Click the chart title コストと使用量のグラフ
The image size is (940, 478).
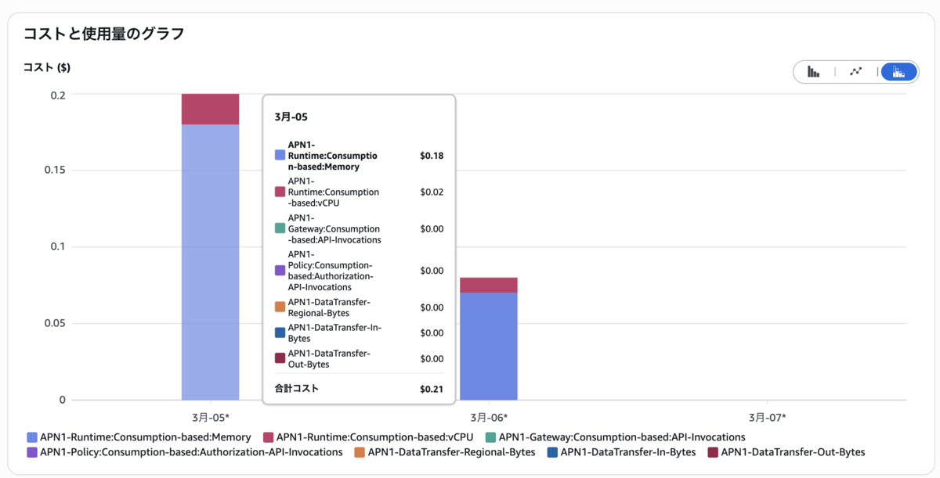(103, 34)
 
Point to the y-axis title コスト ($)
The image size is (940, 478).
(46, 67)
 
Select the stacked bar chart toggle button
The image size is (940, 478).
(898, 72)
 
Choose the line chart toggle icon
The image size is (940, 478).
(856, 72)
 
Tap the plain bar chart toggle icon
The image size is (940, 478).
(813, 72)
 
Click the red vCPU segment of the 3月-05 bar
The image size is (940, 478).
(210, 110)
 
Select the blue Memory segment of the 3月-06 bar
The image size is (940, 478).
(489, 347)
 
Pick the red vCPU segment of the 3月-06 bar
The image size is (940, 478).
(489, 286)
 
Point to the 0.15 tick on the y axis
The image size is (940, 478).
(55, 170)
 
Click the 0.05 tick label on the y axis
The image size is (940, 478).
(55, 323)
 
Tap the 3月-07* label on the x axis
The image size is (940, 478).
(767, 417)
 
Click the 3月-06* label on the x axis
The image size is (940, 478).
(489, 417)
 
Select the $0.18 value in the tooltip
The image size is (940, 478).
(432, 156)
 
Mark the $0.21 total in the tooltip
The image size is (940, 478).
(432, 389)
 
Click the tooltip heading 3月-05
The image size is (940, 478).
(291, 117)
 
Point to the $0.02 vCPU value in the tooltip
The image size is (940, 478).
(432, 192)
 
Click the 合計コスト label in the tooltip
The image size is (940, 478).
(297, 389)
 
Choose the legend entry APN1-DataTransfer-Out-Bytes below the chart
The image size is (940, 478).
(786, 452)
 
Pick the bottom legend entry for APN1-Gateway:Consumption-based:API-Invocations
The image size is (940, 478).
(615, 437)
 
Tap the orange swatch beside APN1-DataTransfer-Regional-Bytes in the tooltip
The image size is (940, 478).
(280, 307)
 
